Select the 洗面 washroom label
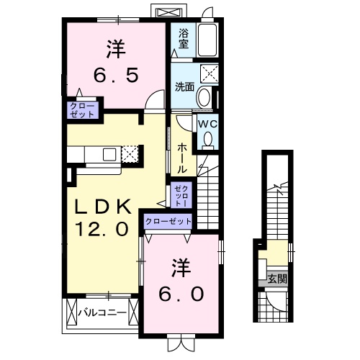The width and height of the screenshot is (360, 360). (184, 87)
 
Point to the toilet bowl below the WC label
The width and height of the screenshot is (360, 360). (208, 142)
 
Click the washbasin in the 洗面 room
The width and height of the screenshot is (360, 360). (204, 97)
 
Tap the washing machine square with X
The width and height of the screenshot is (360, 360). (210, 73)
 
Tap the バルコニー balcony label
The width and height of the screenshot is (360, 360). (102, 312)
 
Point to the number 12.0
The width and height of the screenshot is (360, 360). (102, 230)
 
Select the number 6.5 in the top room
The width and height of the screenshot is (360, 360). (114, 73)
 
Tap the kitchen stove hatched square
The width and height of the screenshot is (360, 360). (130, 154)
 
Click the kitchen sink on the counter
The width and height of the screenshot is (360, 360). (110, 153)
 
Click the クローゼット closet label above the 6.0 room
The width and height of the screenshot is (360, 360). (168, 222)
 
